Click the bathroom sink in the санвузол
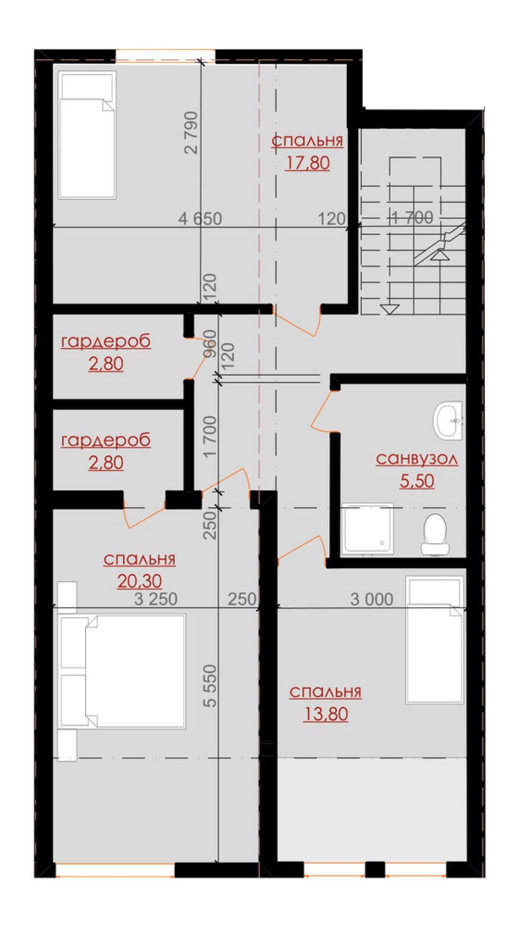point(448,420)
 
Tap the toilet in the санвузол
point(435,535)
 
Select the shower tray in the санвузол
point(367,528)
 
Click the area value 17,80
point(307,163)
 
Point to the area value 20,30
point(140,581)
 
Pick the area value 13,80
point(326,714)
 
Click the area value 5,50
point(417,481)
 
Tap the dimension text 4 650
point(200,219)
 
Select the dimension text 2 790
point(191,133)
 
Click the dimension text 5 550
point(210,686)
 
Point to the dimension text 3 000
point(372,599)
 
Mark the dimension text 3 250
point(155,599)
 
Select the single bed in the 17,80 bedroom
point(87,135)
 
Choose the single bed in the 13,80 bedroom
point(435,640)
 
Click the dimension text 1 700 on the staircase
point(412,218)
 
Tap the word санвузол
point(417,459)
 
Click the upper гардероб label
point(106,342)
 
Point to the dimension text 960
point(210,343)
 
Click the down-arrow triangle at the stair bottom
point(390,308)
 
